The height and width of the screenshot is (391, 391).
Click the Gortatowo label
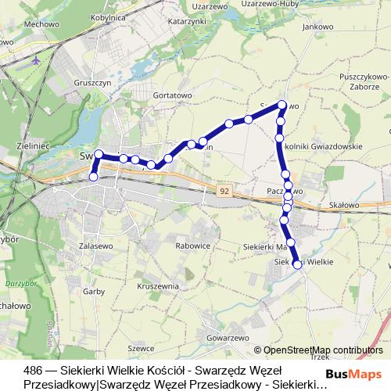[x=173, y=95]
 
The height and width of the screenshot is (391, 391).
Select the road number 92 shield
[x=224, y=190]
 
